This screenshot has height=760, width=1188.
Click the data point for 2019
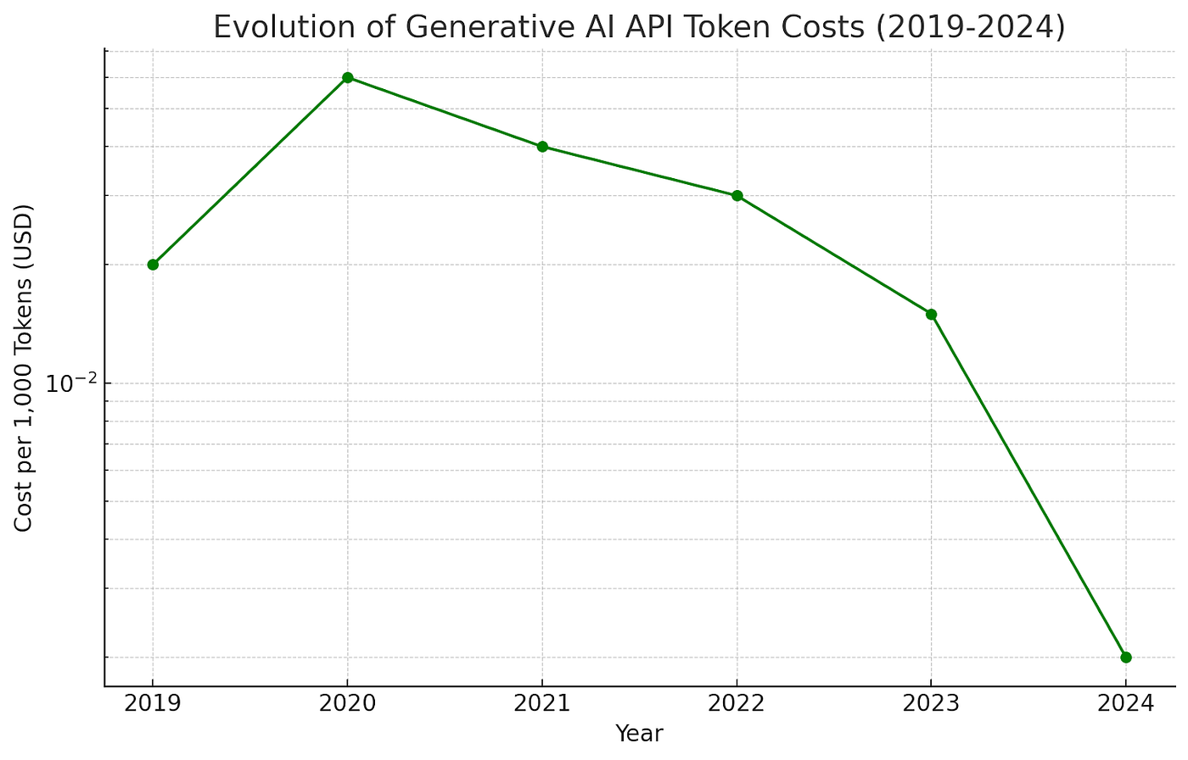click(153, 265)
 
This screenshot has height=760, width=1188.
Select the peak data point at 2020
click(347, 78)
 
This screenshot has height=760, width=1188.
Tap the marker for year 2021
click(542, 147)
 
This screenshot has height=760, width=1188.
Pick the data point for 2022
click(737, 196)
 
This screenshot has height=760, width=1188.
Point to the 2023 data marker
click(931, 315)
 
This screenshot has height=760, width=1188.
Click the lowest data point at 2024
click(1125, 657)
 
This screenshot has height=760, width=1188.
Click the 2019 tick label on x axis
click(153, 704)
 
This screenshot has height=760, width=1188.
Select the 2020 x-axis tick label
click(347, 704)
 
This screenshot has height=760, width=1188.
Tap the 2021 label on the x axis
click(542, 704)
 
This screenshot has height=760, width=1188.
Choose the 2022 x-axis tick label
click(737, 704)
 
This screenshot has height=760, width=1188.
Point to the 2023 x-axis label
click(931, 704)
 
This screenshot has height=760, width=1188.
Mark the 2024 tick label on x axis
click(1125, 704)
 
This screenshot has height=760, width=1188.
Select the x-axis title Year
click(639, 734)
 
